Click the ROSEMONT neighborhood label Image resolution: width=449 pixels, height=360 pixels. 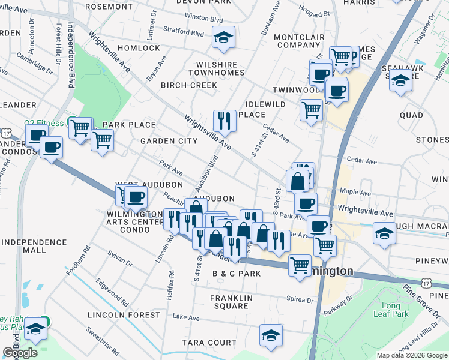point(109,7)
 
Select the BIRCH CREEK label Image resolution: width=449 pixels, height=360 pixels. point(189,85)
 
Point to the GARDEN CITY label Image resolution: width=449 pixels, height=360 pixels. point(169,141)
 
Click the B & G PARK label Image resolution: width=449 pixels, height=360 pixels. point(236,274)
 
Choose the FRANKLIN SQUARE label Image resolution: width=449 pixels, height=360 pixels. point(229,302)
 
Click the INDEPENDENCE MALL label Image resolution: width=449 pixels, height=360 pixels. point(34,247)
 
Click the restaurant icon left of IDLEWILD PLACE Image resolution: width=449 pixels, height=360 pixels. point(224,121)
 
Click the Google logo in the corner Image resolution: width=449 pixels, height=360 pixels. point(20,353)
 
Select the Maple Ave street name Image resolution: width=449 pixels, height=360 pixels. point(355,193)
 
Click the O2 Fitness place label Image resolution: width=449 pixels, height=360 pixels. point(44,123)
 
